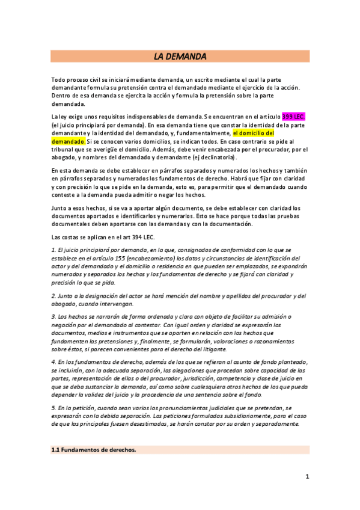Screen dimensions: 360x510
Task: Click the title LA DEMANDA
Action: (x=180, y=57)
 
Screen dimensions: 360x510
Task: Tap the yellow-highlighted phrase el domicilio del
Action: (x=254, y=133)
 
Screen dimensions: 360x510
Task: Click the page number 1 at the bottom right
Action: (x=307, y=477)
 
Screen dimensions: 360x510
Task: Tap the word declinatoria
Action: (x=218, y=158)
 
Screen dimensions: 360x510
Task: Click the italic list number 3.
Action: (x=53, y=316)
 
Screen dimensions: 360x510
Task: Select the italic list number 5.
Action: (x=53, y=407)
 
